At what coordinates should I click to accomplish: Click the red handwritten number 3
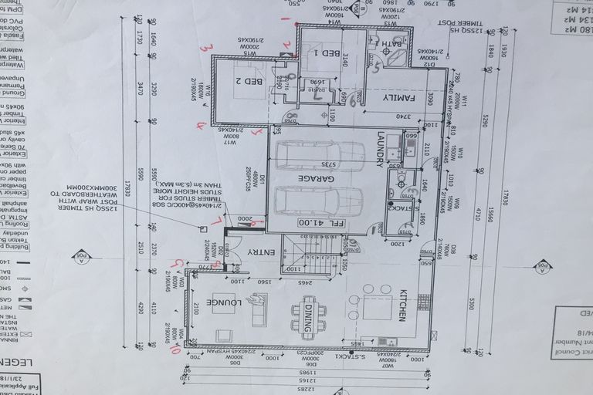pyautogui.click(x=205, y=48)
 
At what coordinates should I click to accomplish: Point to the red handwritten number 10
pyautogui.click(x=175, y=349)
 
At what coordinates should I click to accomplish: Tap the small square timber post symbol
pyautogui.click(x=203, y=228)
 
